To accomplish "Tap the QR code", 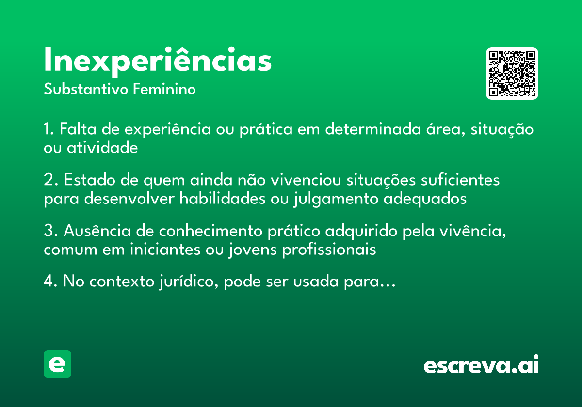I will coord(512,74).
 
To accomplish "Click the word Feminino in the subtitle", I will coord(164,90).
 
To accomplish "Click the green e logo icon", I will coord(57,364).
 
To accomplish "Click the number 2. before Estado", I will coord(50,181).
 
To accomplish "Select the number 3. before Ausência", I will coord(50,232).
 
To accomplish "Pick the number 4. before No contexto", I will coord(50,282).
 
